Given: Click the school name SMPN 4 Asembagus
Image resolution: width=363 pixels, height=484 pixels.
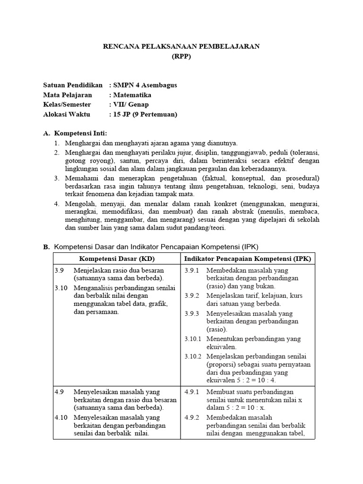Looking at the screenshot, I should coord(145,86).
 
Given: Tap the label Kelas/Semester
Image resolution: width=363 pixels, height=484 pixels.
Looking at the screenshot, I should coord(67,104).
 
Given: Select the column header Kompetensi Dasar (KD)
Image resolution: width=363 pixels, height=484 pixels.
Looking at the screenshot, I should coord(117,259).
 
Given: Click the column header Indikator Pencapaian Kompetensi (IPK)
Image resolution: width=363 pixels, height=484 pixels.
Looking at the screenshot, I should coord(248,259).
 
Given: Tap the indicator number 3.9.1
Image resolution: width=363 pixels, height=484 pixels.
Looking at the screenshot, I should coord(192,271).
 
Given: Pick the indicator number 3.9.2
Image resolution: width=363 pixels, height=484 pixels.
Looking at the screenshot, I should coord(192,295).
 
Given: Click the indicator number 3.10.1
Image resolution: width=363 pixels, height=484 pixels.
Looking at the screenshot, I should coord(193,339).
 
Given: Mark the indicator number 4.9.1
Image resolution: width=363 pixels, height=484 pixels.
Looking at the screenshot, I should coord(192,392).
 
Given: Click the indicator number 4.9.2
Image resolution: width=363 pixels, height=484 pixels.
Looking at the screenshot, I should coord(192,417).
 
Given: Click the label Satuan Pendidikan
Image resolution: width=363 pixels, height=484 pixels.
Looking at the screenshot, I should coord(73,86).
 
